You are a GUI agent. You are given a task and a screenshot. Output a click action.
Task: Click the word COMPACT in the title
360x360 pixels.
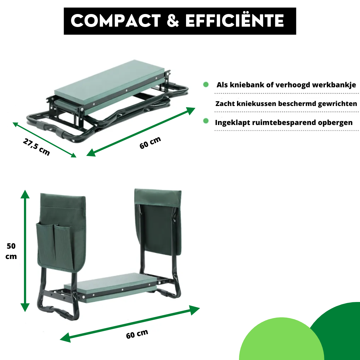116,21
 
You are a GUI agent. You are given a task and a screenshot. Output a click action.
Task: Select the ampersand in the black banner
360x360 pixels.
173,21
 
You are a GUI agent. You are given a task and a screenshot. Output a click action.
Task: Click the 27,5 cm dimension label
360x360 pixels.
37,147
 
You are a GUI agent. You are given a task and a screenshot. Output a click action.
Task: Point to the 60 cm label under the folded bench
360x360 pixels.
150,143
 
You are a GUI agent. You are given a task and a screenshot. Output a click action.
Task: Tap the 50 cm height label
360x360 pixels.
11,251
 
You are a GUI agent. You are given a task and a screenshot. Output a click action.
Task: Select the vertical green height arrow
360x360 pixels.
25,251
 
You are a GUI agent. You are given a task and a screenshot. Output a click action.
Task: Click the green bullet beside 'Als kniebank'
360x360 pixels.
206,84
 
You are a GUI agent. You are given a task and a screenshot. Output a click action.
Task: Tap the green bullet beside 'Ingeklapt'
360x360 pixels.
206,121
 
